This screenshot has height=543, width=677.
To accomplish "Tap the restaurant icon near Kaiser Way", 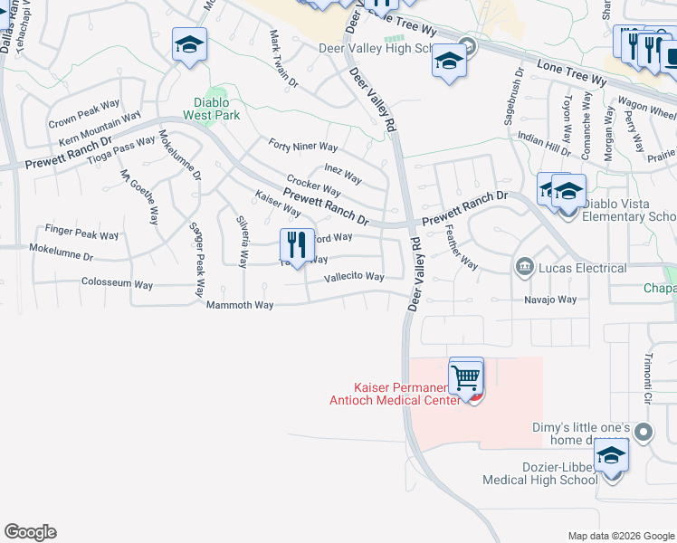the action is click(296, 244).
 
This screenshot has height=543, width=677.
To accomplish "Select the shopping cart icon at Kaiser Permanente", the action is click(466, 376).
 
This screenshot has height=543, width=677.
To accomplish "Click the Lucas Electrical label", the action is click(582, 268).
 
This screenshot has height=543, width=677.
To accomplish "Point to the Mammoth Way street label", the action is click(240, 305).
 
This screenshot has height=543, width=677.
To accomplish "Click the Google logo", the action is click(30, 532).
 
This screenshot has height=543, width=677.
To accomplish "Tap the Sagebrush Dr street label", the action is click(513, 96).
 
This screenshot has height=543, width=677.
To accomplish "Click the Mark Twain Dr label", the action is click(282, 59).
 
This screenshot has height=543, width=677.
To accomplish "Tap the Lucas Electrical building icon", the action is click(524, 267).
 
